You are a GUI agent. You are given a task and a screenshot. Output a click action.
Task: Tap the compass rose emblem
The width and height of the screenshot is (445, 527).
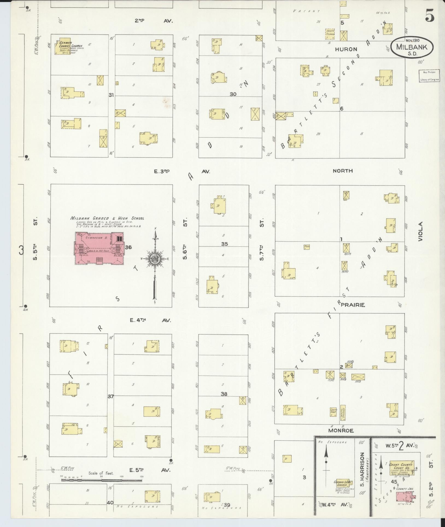pos(155,259)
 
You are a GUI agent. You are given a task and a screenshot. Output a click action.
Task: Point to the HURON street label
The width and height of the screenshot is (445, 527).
pos(346,49)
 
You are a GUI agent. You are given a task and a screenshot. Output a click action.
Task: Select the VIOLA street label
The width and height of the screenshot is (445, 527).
pos(420,231)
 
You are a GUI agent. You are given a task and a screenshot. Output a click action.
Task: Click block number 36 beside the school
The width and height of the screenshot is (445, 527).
pos(128,247)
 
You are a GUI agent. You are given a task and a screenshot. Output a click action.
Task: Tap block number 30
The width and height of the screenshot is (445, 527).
pos(233,94)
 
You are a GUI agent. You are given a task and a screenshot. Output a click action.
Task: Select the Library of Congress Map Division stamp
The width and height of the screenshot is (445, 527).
pos(429,76)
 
